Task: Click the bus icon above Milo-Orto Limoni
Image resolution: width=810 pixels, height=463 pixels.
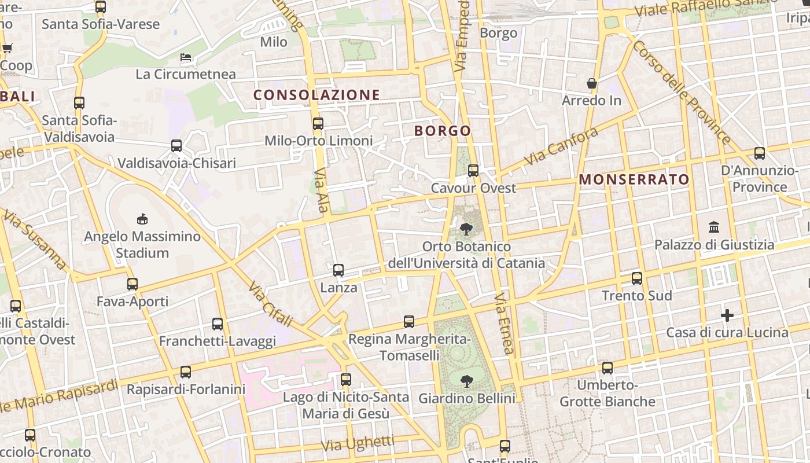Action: pos(318,123)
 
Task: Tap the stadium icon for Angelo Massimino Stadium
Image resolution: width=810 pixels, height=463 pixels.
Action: pos(142,219)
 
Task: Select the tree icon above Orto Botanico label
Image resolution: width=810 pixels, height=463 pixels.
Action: pos(466,229)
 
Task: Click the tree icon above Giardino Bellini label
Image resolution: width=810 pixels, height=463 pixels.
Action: pos(466,381)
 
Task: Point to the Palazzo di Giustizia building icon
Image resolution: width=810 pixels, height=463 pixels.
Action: pos(714,227)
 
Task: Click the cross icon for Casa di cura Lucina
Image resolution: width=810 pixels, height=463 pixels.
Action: pos(727,315)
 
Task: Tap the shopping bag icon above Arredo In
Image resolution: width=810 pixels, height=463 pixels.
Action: pos(592,83)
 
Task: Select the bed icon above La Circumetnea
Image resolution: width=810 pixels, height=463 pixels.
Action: pos(186,57)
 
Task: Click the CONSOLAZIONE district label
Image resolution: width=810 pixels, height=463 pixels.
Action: pos(316,95)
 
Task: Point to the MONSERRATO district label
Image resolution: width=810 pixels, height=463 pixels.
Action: pos(634,179)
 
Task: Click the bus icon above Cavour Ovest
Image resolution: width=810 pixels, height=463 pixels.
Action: pos(473,170)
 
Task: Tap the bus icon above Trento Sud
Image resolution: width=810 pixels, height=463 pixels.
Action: pos(637,278)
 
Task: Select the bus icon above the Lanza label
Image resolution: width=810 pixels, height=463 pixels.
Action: pos(338,270)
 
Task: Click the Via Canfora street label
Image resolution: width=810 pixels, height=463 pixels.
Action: pos(561,146)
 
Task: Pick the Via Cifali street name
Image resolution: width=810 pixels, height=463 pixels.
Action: pos(270,304)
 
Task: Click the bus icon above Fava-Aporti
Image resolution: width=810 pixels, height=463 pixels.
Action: pos(132,284)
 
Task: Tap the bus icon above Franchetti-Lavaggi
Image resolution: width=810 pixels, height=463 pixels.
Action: pos(218,324)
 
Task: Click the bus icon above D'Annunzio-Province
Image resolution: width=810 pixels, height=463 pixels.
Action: pos(759,153)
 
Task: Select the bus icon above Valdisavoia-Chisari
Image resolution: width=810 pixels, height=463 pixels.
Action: pos(176,146)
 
